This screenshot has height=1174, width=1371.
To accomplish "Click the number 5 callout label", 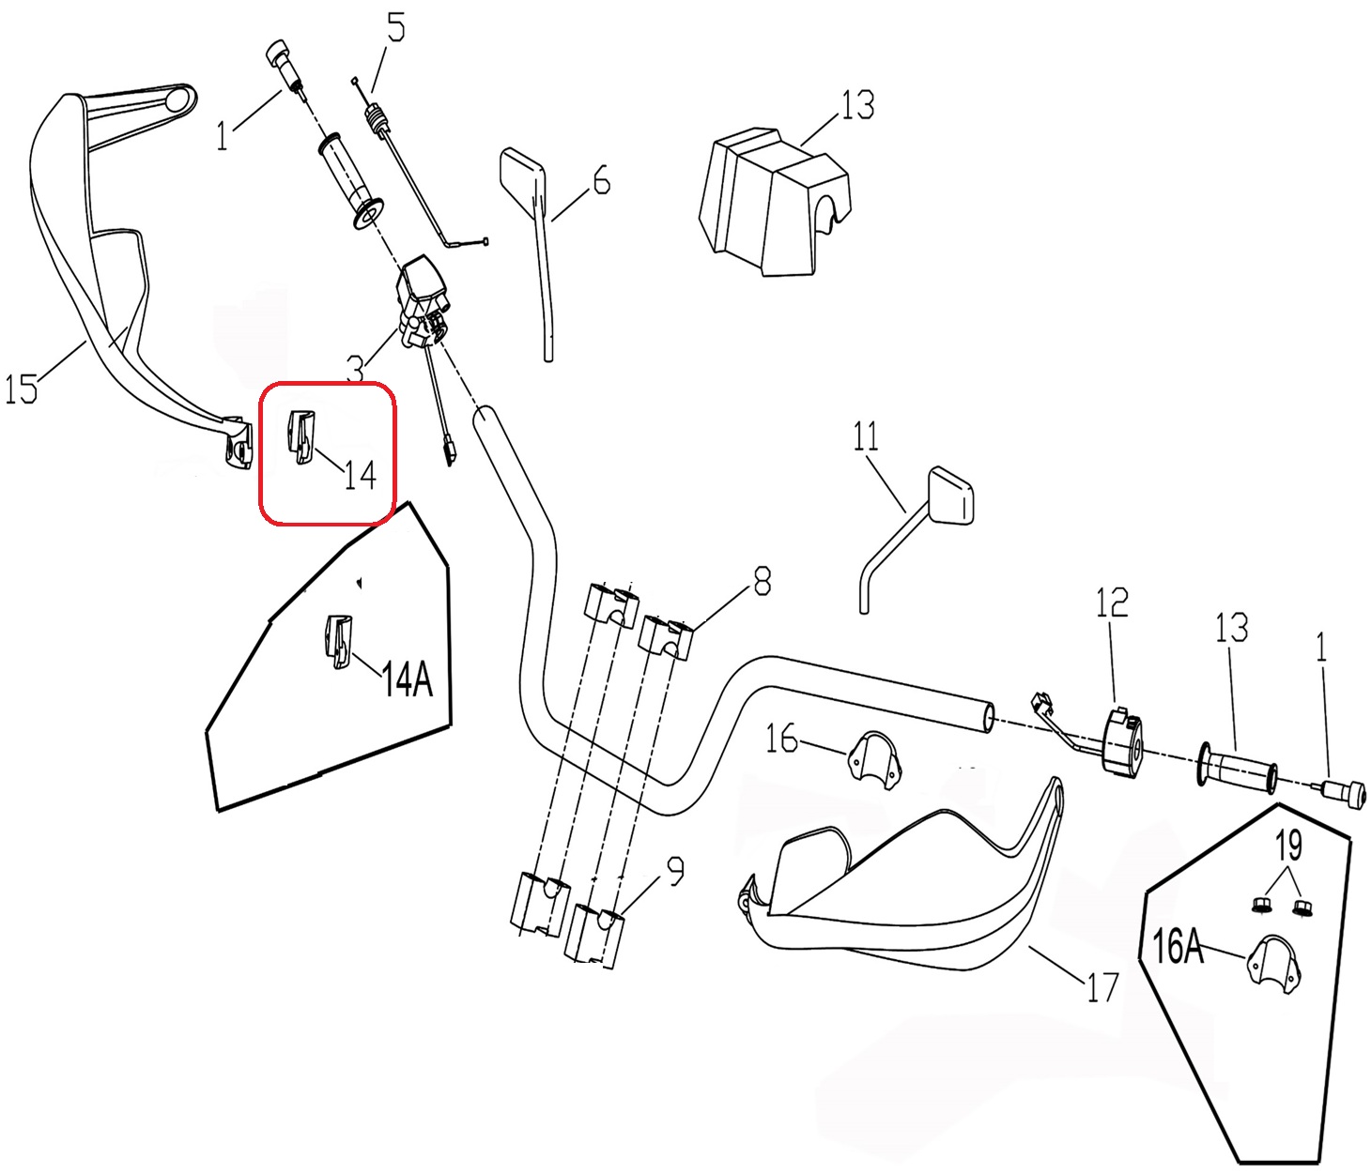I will (x=396, y=29).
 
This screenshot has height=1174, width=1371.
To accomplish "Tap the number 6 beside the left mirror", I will (x=601, y=179).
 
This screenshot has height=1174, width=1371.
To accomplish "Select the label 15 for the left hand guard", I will (x=21, y=388).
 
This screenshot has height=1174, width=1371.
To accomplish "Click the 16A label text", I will (x=1178, y=947).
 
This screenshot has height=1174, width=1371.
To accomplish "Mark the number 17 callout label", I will (x=1102, y=986).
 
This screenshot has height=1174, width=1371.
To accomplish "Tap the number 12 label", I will (x=1112, y=602).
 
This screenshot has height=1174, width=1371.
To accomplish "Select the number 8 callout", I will (x=762, y=581).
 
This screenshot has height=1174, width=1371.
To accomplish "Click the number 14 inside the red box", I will (x=360, y=475).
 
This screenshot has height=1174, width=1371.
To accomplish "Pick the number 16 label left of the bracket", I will (x=781, y=739).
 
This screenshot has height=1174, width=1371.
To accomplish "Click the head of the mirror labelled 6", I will (x=521, y=174).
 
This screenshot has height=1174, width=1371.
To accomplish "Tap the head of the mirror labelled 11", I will (x=951, y=495).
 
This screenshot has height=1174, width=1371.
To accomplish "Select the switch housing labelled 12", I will (x=1123, y=739).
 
